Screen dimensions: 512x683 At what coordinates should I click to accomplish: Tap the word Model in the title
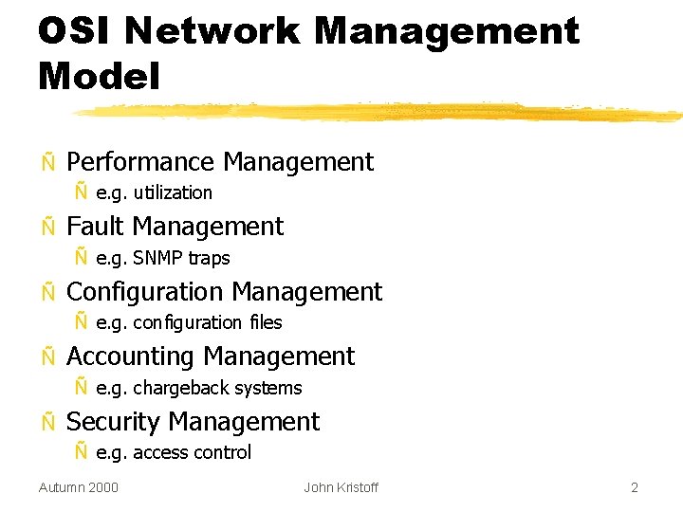(x=99, y=76)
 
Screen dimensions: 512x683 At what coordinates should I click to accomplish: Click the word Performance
(x=140, y=162)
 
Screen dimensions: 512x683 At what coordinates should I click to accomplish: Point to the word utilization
(x=173, y=192)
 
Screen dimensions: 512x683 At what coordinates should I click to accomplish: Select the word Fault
(x=96, y=227)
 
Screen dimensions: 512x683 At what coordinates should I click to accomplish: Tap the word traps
(x=209, y=258)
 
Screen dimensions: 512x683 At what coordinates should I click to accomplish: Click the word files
(x=266, y=322)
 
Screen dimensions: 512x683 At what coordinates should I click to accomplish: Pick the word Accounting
(x=131, y=357)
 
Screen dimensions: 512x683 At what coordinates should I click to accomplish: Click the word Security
(x=114, y=422)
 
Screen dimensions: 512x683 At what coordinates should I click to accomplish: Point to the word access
(x=160, y=452)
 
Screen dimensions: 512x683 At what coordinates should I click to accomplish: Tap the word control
(x=222, y=452)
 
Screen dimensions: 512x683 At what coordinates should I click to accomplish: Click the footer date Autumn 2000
(x=79, y=487)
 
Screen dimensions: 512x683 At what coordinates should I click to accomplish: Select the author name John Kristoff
(x=341, y=487)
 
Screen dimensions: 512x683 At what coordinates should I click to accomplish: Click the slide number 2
(x=635, y=487)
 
